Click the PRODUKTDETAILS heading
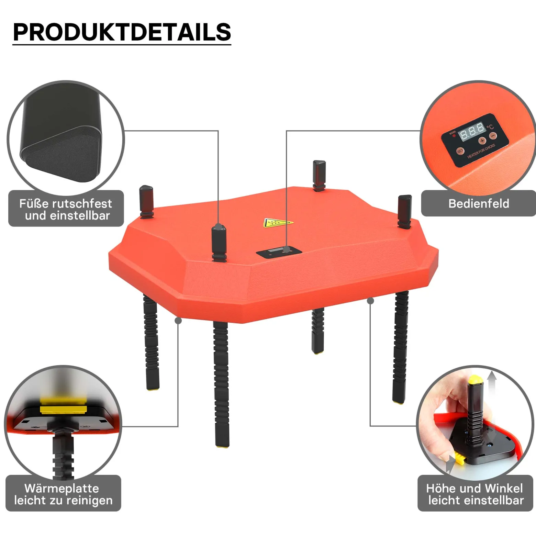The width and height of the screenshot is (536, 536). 122,32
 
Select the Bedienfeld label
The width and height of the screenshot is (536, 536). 479,203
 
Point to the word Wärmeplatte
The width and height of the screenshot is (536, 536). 62,488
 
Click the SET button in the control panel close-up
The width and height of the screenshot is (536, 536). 460,151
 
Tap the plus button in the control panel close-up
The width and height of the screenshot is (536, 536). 482,141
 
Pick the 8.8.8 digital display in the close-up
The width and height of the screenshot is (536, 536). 472,131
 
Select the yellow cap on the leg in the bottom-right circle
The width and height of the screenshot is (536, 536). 474,379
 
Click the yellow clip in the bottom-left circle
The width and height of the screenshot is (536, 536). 64,409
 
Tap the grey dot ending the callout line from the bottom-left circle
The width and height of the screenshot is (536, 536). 178,321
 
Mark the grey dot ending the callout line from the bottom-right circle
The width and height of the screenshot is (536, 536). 370,301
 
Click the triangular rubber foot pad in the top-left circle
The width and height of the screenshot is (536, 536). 62,153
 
